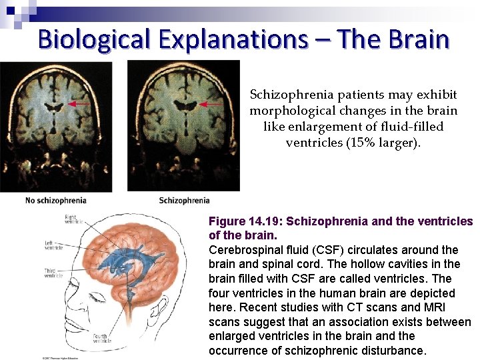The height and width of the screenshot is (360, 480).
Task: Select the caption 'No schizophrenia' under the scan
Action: [x=55, y=200]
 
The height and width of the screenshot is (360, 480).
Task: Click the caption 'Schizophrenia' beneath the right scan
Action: [x=184, y=200]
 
